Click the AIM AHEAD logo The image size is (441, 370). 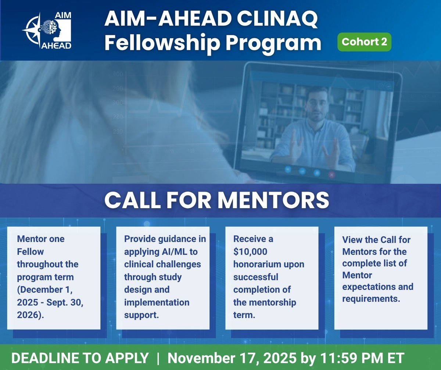pos(47,30)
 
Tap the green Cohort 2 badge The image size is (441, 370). pos(364,42)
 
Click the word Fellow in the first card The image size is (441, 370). pos(30,252)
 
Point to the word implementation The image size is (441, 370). pos(157,302)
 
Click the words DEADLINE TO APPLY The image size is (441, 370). pos(80,358)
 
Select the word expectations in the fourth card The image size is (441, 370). pos(378,287)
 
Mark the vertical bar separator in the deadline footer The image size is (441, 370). pos(158,358)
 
